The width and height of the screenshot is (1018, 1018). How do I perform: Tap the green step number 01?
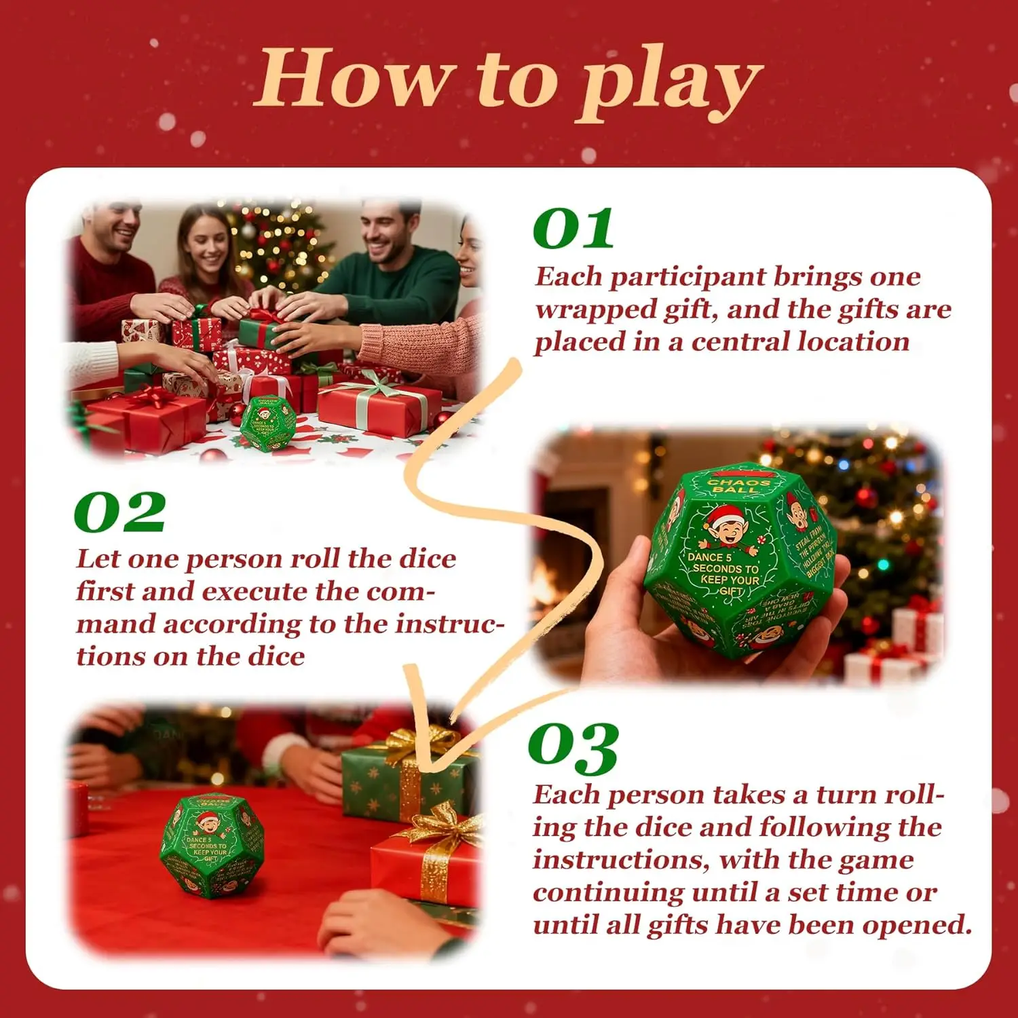[574, 229]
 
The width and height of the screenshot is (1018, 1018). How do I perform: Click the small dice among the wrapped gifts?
[267, 423]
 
